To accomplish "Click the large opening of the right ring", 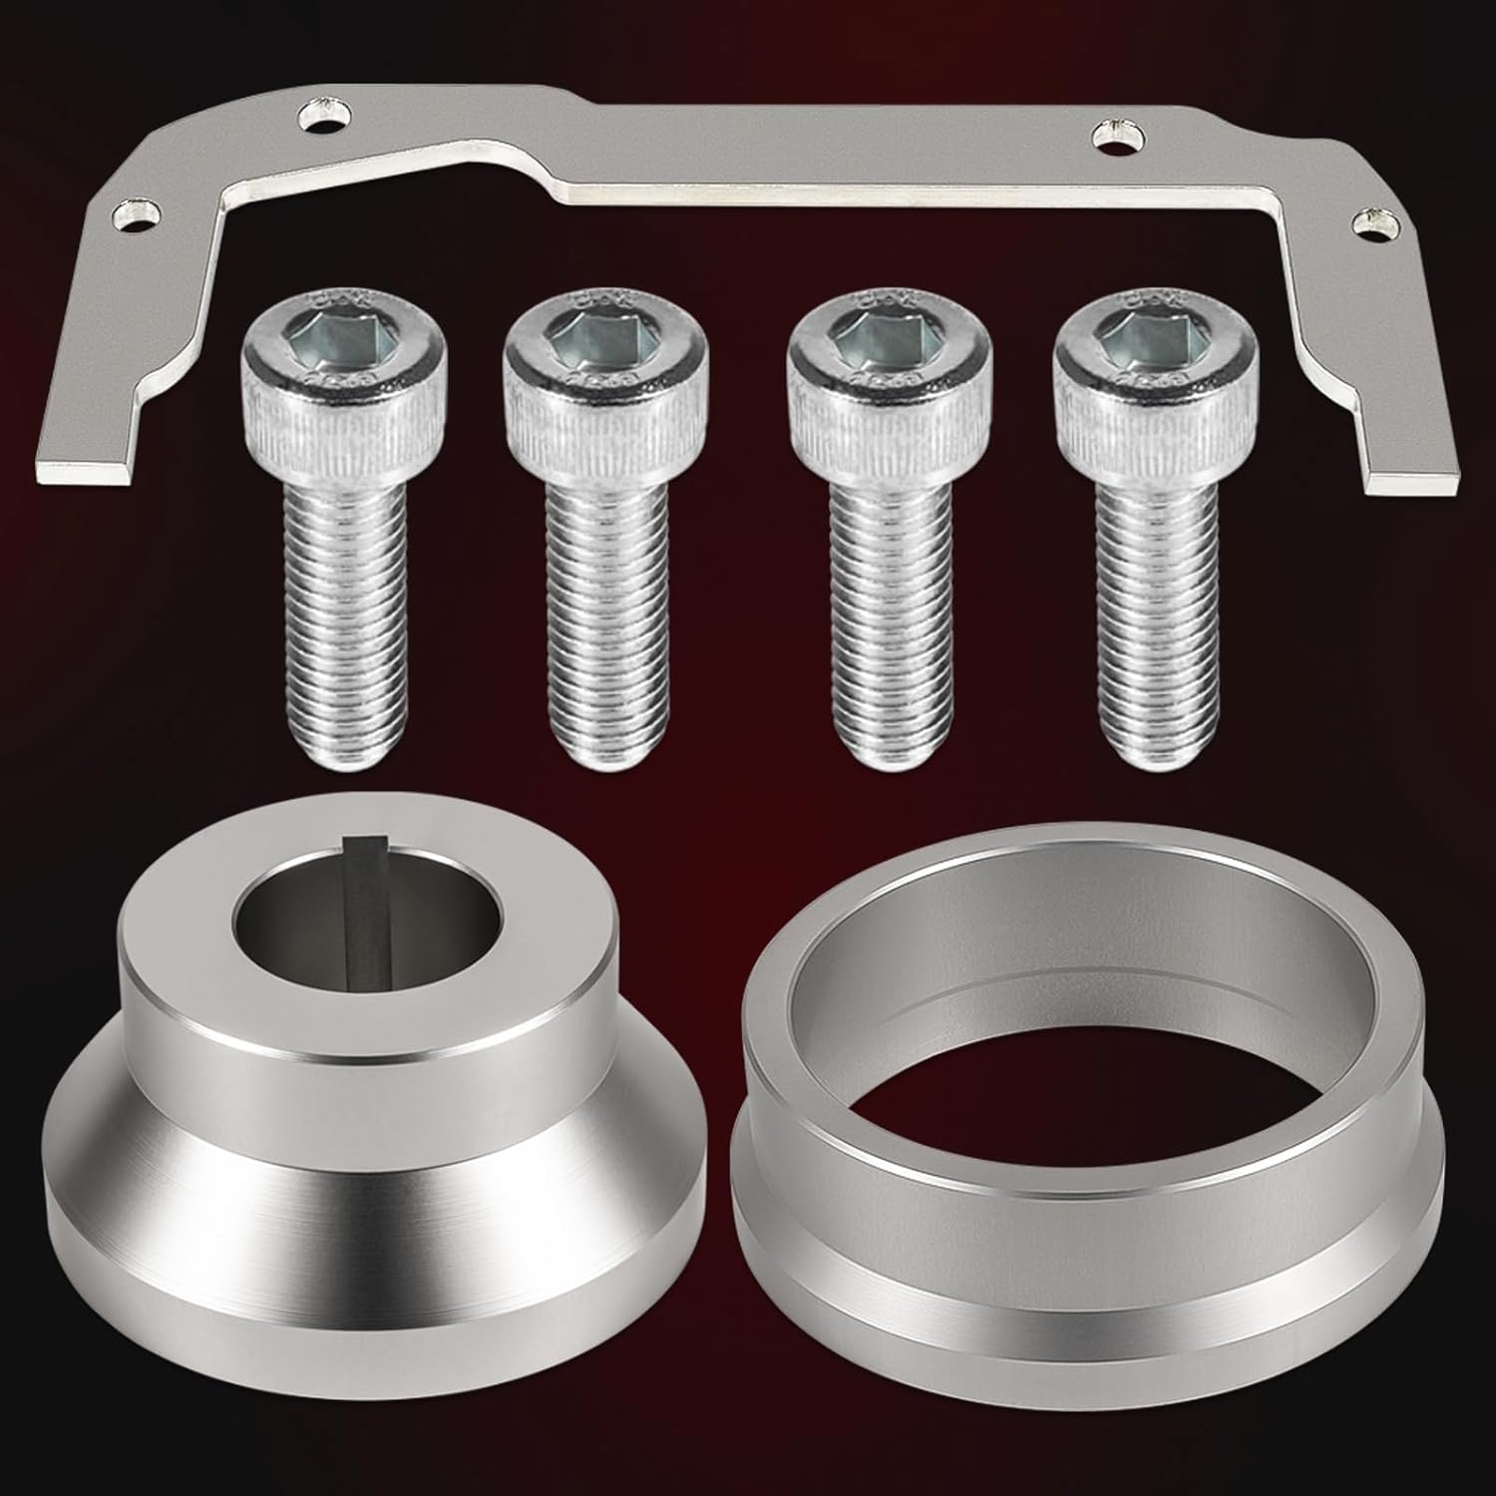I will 1077,977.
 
